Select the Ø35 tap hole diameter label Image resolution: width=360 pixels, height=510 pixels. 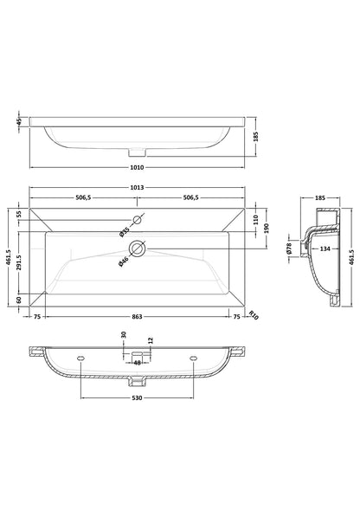point(125,230)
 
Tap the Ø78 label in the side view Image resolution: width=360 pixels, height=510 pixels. point(291,249)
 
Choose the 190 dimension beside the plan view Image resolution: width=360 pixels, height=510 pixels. point(268,227)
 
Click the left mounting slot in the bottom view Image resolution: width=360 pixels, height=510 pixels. point(80,356)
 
